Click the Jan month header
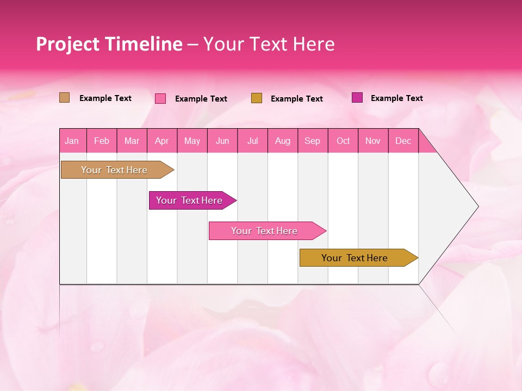72,141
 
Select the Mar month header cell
132,141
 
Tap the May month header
192,141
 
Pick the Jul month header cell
252,141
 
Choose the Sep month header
312,141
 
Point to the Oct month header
343,141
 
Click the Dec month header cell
403,141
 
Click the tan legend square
64,98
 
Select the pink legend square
160,98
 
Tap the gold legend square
257,98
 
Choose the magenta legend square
357,98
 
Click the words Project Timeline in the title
109,44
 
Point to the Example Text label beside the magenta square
396,98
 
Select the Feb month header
102,141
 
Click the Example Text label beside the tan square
105,98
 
